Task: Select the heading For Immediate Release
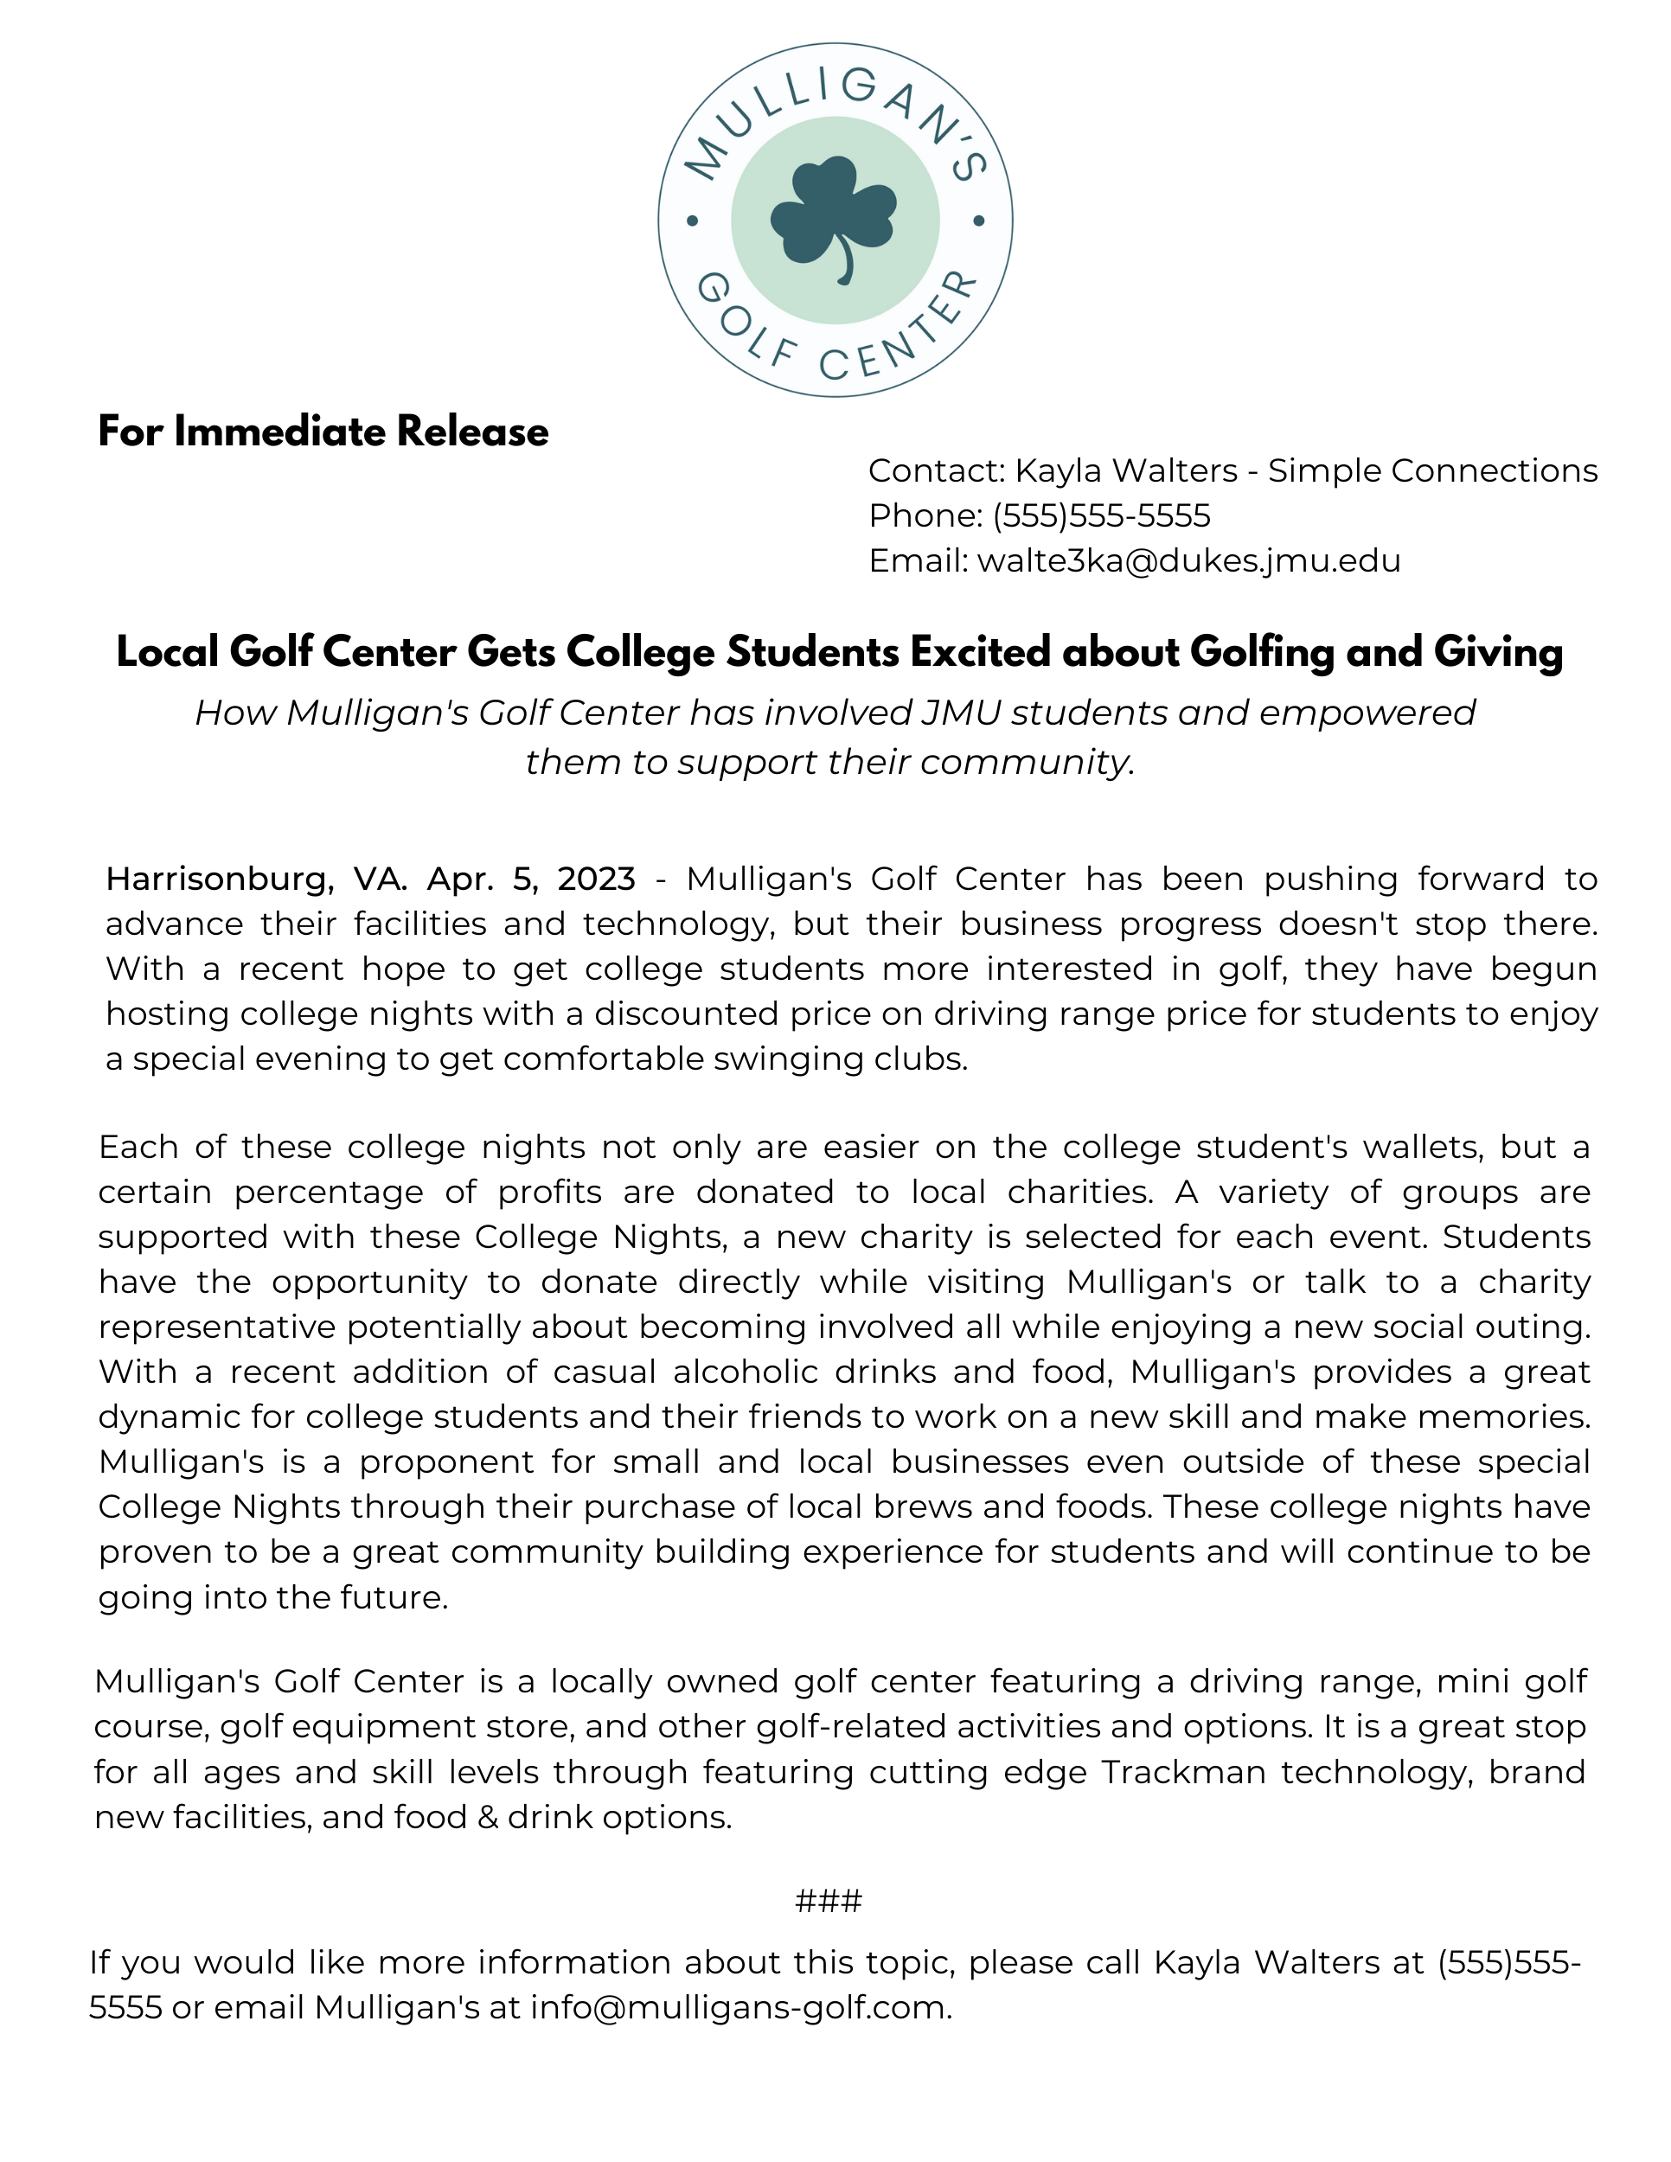tap(323, 432)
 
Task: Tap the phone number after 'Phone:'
tap(1101, 515)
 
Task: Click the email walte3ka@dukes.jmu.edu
tap(1188, 561)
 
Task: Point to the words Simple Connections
tap(1432, 470)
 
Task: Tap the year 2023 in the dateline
tap(596, 879)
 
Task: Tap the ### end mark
tap(829, 1902)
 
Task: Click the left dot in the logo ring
tap(692, 221)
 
